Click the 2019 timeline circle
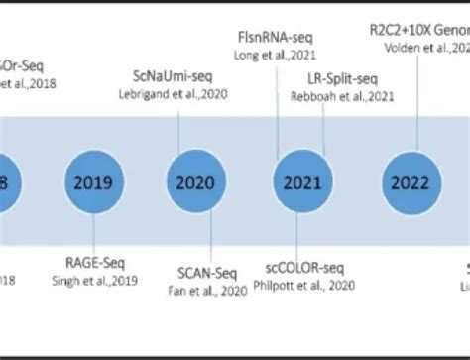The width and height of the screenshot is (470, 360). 93,182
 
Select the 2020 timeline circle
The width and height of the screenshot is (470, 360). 195,182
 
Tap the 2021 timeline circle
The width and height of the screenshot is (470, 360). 301,182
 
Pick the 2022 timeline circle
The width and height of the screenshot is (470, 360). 410,182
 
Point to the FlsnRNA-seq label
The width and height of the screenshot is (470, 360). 275,37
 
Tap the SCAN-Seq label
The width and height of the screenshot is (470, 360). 206,273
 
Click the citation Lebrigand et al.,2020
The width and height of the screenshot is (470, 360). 182,93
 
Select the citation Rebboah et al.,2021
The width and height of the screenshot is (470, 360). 328,95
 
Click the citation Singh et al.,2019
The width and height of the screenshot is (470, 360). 95,280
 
